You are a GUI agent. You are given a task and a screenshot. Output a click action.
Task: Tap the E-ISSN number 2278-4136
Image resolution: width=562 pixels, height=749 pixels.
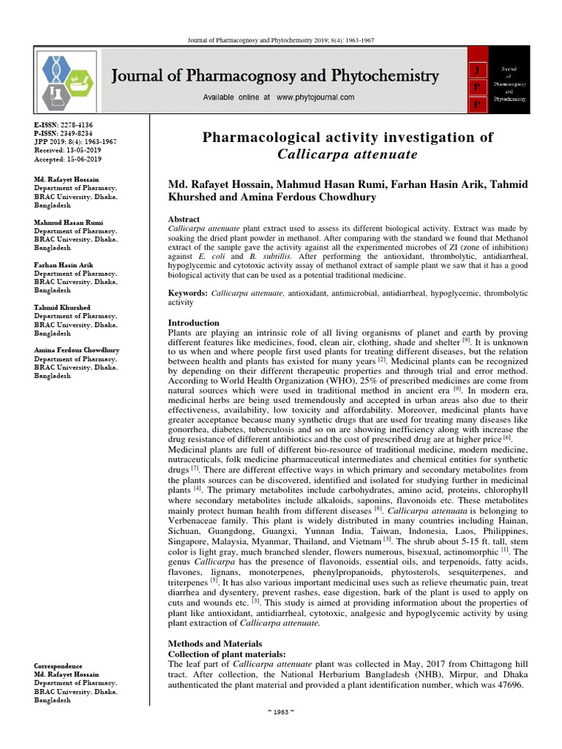click(75, 125)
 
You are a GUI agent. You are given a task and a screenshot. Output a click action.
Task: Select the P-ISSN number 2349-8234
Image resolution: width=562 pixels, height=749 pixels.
click(75, 133)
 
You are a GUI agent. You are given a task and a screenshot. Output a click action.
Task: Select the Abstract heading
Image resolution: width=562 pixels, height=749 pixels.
click(184, 219)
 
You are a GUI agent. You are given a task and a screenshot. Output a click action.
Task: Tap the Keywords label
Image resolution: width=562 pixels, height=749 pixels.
click(187, 292)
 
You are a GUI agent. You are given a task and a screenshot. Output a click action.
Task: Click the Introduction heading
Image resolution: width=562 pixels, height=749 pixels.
click(194, 323)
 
